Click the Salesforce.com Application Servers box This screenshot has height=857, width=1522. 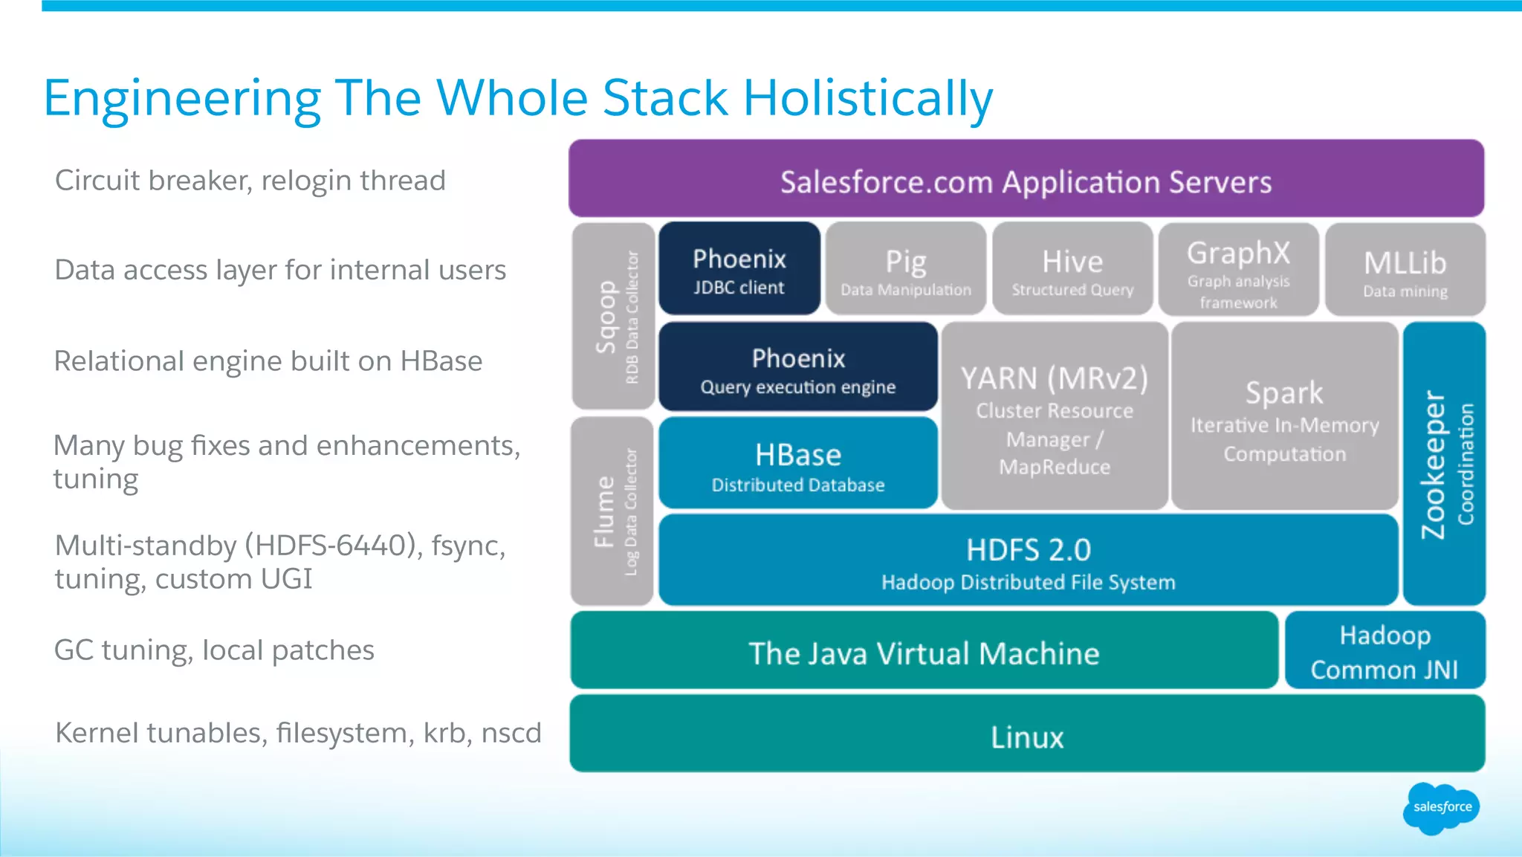pyautogui.click(x=1026, y=179)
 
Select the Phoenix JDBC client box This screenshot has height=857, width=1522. pyautogui.click(x=739, y=269)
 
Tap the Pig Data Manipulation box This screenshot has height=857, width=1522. pyautogui.click(x=905, y=269)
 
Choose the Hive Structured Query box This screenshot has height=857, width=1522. pyautogui.click(x=1072, y=269)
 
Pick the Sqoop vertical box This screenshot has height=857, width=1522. pyautogui.click(x=614, y=317)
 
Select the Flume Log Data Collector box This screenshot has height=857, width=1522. pyautogui.click(x=613, y=511)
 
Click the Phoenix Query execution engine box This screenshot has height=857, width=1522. pyautogui.click(x=798, y=367)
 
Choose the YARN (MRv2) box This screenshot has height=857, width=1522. pyautogui.click(x=1055, y=417)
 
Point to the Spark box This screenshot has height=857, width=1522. pyautogui.click(x=1284, y=417)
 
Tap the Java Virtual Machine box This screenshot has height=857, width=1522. pyautogui.click(x=924, y=651)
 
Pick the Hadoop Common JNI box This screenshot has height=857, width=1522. pyautogui.click(x=1385, y=651)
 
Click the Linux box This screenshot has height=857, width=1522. pyautogui.click(x=1027, y=734)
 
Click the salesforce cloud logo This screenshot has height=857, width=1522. pyautogui.click(x=1441, y=808)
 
